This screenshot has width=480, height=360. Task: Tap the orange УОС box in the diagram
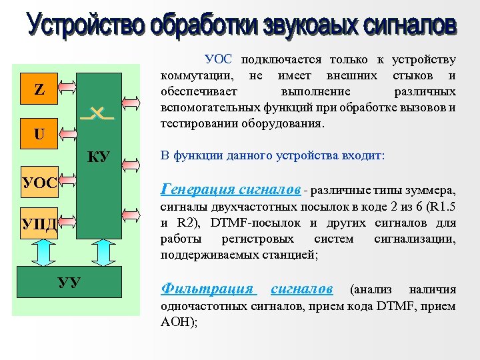pyautogui.click(x=39, y=181)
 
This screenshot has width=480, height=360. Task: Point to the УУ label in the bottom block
pyautogui.click(x=69, y=283)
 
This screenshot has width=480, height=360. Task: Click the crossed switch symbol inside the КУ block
pyautogui.click(x=97, y=114)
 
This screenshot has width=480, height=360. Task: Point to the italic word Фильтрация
pyautogui.click(x=207, y=289)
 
